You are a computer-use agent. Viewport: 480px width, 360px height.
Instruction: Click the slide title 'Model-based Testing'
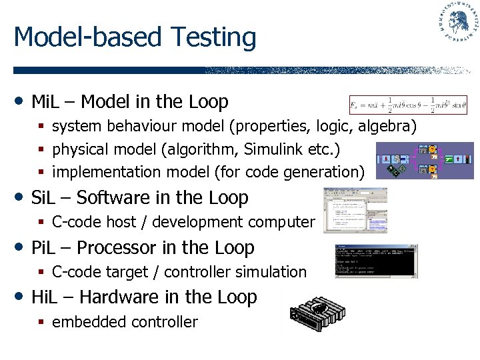135,37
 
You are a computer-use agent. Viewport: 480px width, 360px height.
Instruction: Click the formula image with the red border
407,105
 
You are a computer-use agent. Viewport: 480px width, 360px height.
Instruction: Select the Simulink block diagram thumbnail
424,161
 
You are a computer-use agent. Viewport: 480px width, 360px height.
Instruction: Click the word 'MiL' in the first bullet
45,102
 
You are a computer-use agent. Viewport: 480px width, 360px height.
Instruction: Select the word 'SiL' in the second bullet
43,198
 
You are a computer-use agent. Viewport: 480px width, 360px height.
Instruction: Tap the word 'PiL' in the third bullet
43,248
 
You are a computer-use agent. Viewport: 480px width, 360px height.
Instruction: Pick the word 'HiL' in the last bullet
44,297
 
